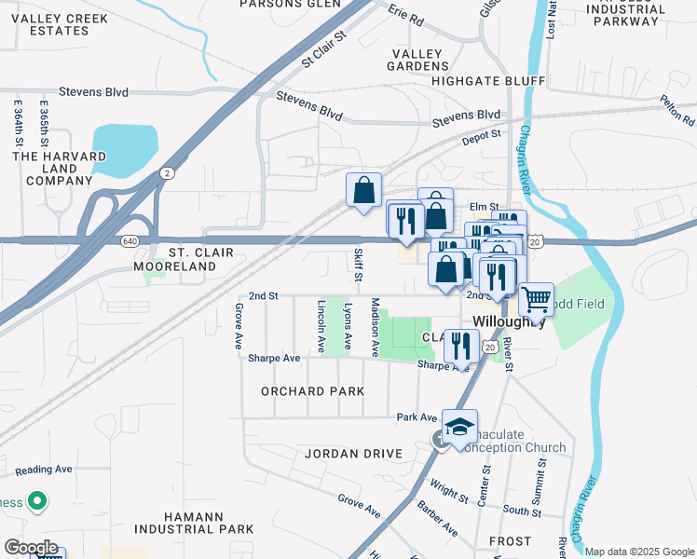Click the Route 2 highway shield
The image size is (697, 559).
[166, 173]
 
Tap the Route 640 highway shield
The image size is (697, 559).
[129, 240]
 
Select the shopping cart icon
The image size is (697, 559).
[536, 299]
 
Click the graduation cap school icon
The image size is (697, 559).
[459, 427]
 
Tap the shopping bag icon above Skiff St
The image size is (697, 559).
[363, 190]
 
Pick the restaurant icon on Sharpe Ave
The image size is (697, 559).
[461, 347]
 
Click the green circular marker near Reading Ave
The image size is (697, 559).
[37, 502]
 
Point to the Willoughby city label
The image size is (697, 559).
[509, 321]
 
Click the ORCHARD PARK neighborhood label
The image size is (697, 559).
[312, 391]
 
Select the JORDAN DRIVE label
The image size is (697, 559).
[353, 454]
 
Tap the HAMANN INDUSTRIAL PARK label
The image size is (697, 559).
[194, 523]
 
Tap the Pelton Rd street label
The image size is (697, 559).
[676, 110]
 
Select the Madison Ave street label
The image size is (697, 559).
[376, 326]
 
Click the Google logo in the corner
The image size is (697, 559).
[30, 548]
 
